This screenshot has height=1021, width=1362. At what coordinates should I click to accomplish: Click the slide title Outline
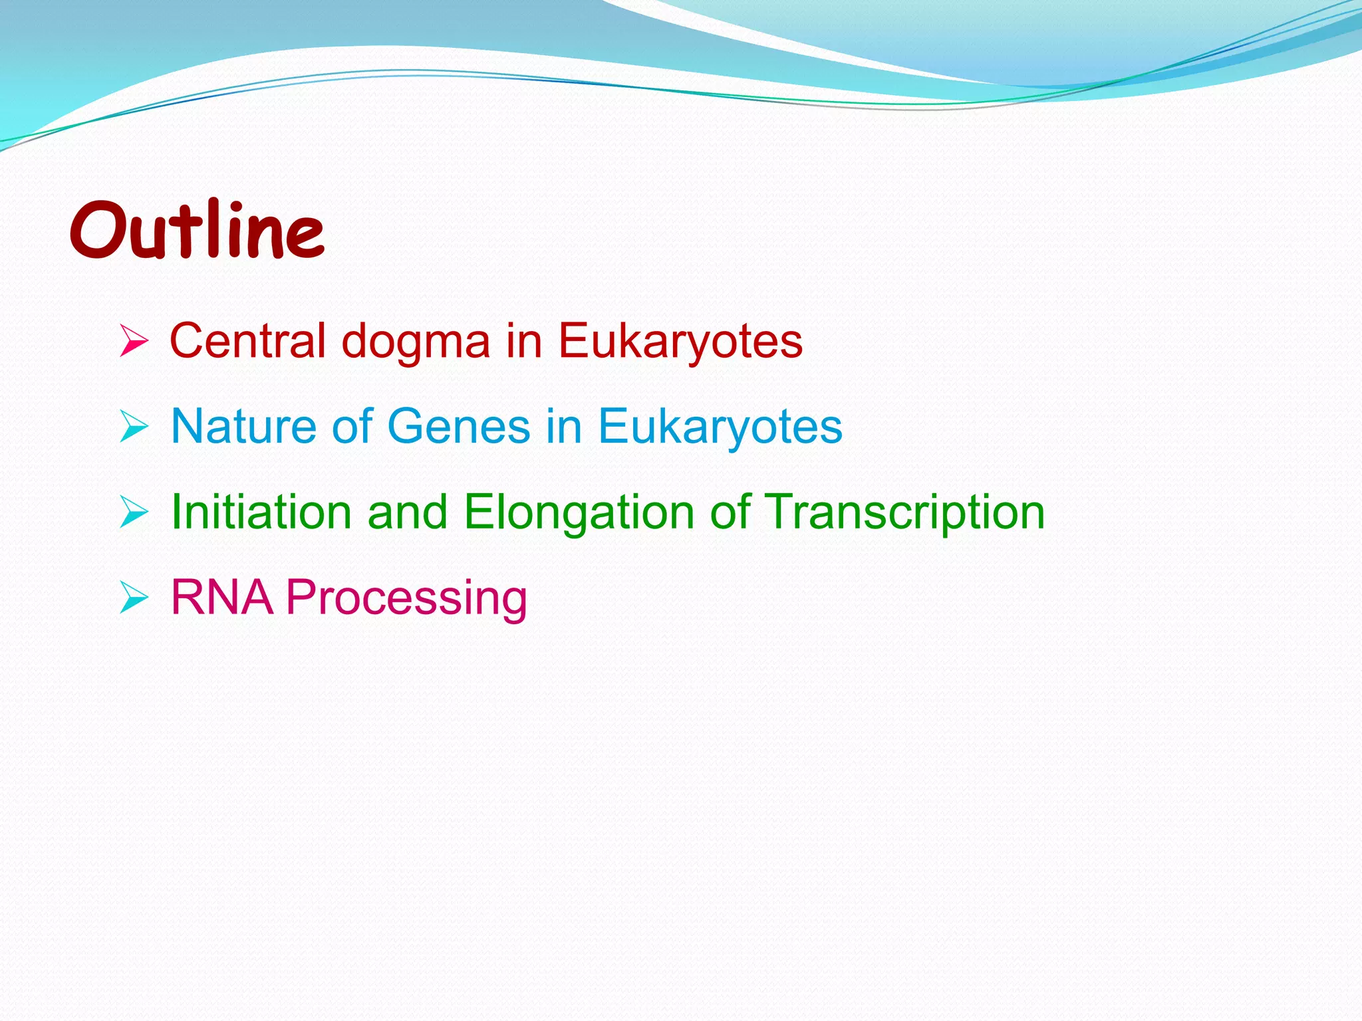click(197, 230)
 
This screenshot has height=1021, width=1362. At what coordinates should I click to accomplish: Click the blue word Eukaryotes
click(720, 427)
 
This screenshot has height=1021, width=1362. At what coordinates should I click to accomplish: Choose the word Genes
click(458, 426)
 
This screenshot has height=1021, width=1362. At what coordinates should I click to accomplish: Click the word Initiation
click(261, 512)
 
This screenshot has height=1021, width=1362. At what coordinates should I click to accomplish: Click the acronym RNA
click(221, 597)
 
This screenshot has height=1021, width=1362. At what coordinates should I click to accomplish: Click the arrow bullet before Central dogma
click(134, 342)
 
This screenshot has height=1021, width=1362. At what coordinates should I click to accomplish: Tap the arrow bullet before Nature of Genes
click(134, 427)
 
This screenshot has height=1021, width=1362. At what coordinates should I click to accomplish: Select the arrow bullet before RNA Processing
click(134, 598)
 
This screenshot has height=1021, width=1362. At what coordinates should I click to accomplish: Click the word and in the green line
click(407, 512)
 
